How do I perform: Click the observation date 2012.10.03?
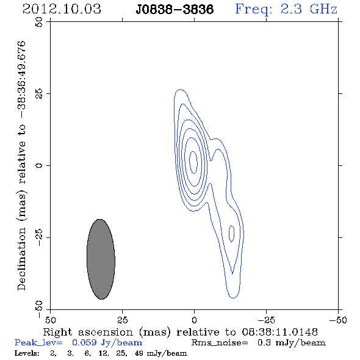(62, 9)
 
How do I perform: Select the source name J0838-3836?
(175, 9)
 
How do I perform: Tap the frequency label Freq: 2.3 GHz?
(286, 9)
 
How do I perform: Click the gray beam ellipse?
(101, 259)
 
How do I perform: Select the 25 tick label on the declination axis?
(39, 94)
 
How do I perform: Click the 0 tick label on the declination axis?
(39, 165)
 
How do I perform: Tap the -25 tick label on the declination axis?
(39, 237)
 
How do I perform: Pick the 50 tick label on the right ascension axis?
(50, 320)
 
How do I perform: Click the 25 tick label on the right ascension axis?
(123, 320)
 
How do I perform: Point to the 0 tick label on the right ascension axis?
(194, 320)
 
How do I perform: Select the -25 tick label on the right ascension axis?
(266, 320)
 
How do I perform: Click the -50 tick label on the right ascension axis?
(338, 320)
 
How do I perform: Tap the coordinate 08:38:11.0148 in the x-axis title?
(279, 332)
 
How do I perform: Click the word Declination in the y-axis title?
(21, 259)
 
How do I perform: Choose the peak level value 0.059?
(84, 342)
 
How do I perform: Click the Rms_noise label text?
(220, 343)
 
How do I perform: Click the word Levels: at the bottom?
(27, 353)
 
